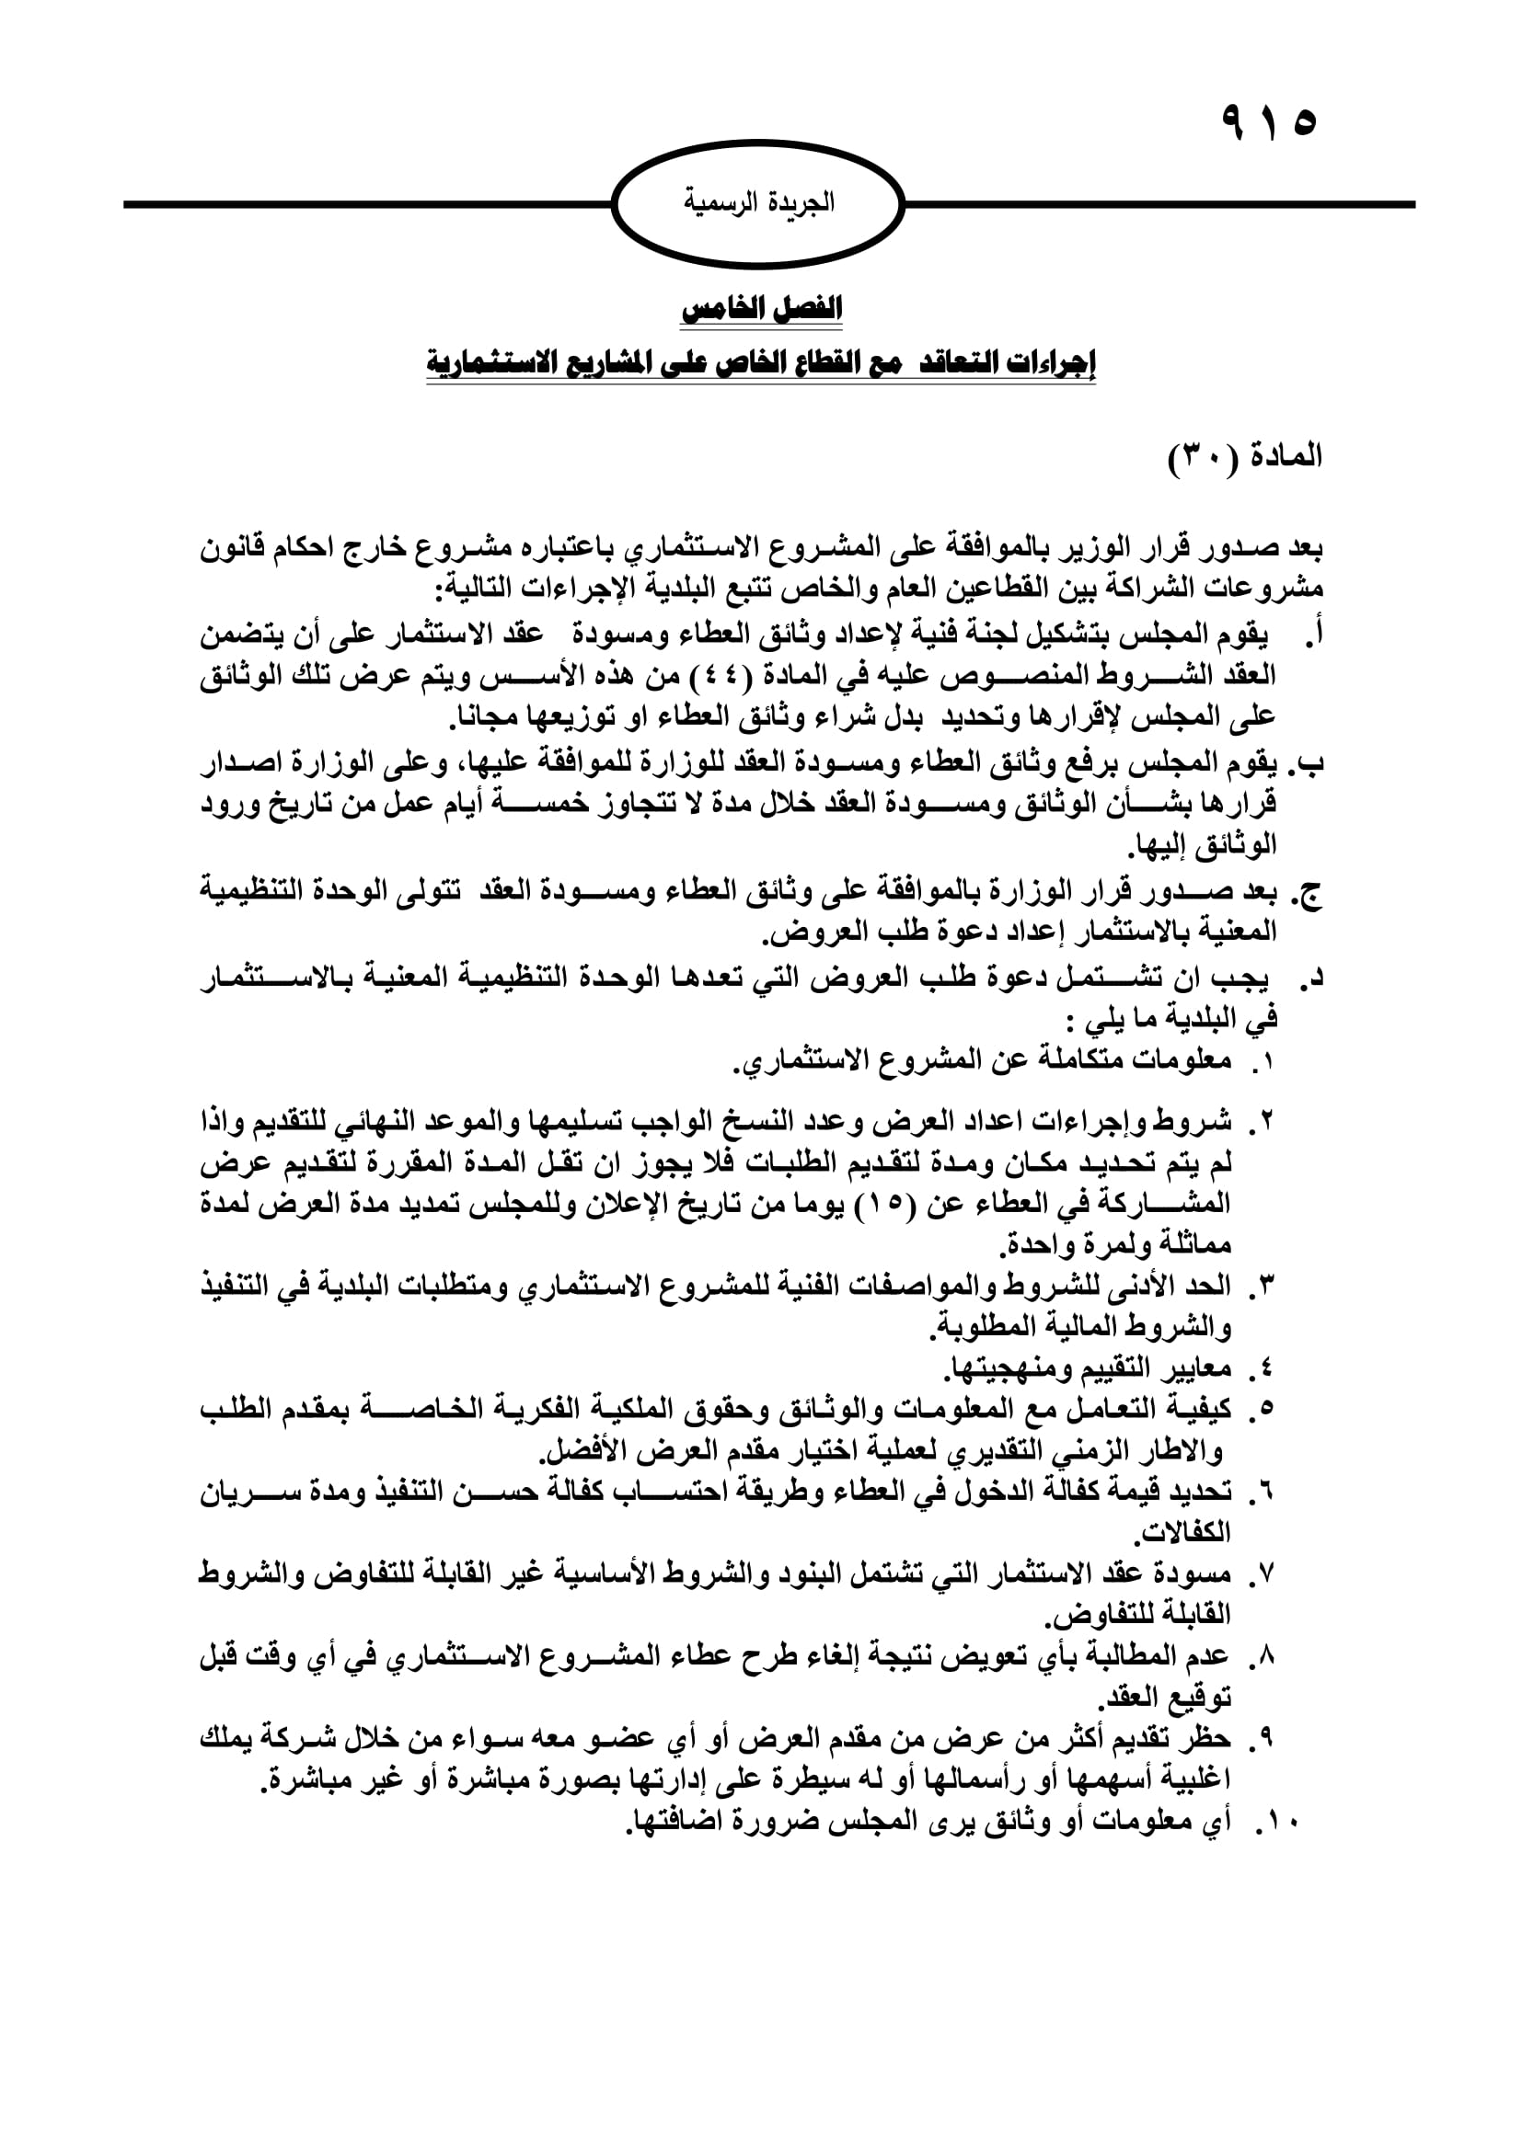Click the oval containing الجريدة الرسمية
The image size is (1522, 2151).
758,204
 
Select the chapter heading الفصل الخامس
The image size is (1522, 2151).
761,309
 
